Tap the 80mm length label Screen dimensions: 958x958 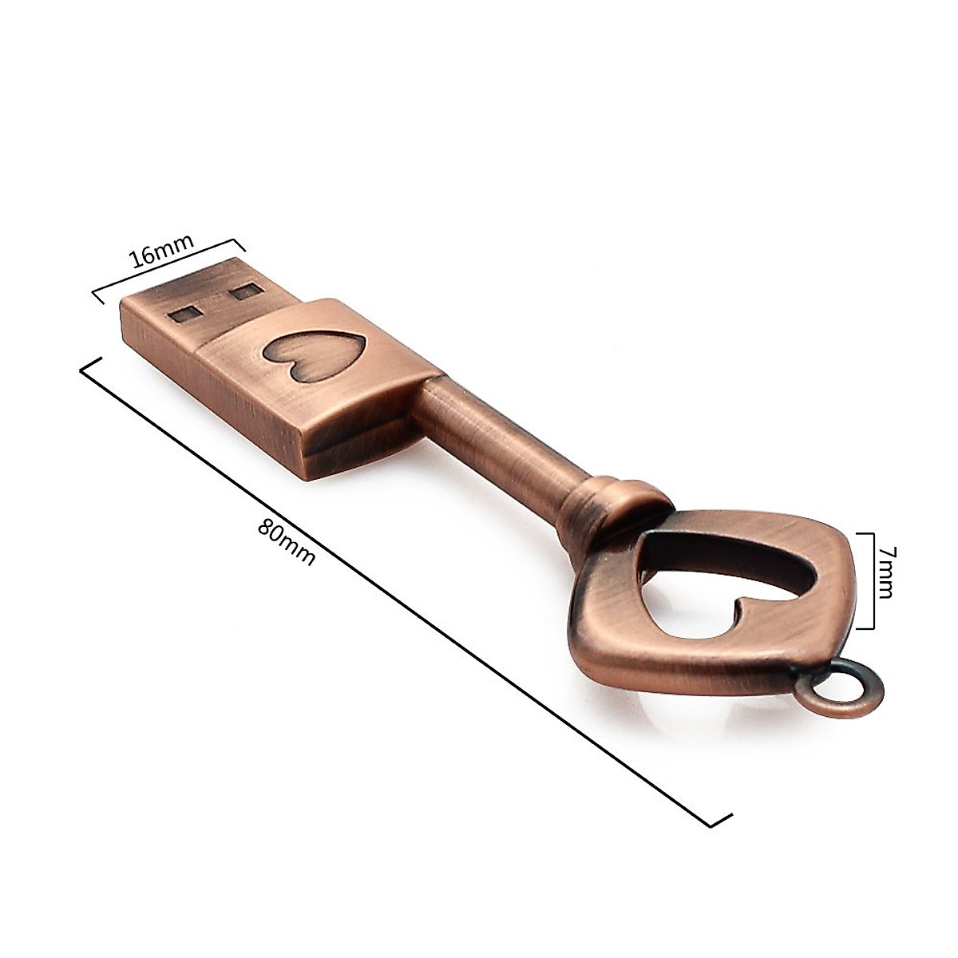tap(287, 542)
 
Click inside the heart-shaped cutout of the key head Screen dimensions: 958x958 tap(722, 575)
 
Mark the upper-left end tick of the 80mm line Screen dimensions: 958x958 tap(89, 365)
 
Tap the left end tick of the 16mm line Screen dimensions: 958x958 tap(96, 296)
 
